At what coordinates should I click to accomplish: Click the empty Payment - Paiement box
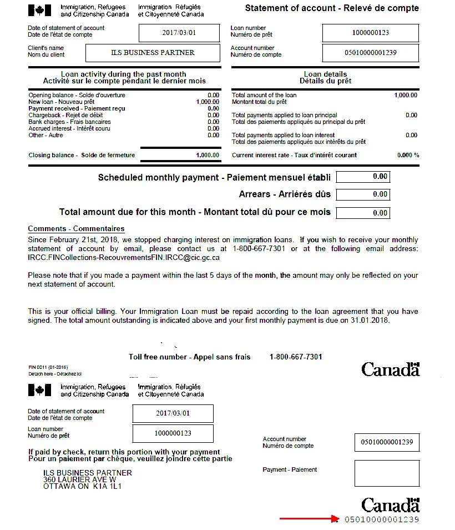387,473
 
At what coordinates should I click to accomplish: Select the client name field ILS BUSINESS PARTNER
153,53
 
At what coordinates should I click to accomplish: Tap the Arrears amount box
363,194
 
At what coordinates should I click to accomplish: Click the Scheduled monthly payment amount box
363,177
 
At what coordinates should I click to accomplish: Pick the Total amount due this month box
363,212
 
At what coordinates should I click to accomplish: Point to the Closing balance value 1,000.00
208,155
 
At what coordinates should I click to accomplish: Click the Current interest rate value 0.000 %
408,155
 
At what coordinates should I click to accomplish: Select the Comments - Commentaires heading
76,229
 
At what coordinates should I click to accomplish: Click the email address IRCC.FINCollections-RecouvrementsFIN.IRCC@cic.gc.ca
124,257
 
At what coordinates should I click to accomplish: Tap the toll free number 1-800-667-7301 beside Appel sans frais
296,357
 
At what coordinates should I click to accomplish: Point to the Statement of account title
332,8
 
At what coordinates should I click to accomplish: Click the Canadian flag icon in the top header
39,10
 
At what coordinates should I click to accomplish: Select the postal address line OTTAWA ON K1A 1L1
82,487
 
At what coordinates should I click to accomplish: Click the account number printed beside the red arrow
382,519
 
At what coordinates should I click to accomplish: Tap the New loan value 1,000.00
208,102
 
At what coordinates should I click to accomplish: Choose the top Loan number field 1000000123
370,33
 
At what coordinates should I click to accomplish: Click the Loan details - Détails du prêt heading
325,77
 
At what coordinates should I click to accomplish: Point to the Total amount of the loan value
405,95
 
